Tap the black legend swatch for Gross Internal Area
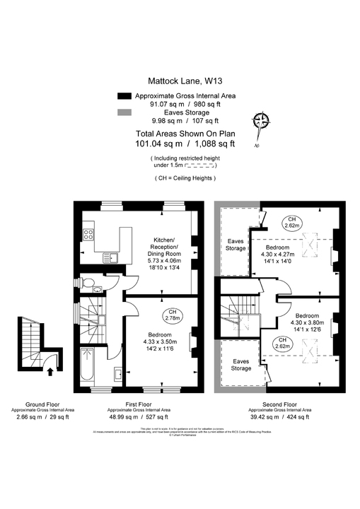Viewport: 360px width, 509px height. pos(124,95)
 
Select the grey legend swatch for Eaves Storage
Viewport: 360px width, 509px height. pos(124,112)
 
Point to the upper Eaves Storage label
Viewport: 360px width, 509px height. pos(235,245)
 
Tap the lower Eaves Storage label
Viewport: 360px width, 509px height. pos(241,365)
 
